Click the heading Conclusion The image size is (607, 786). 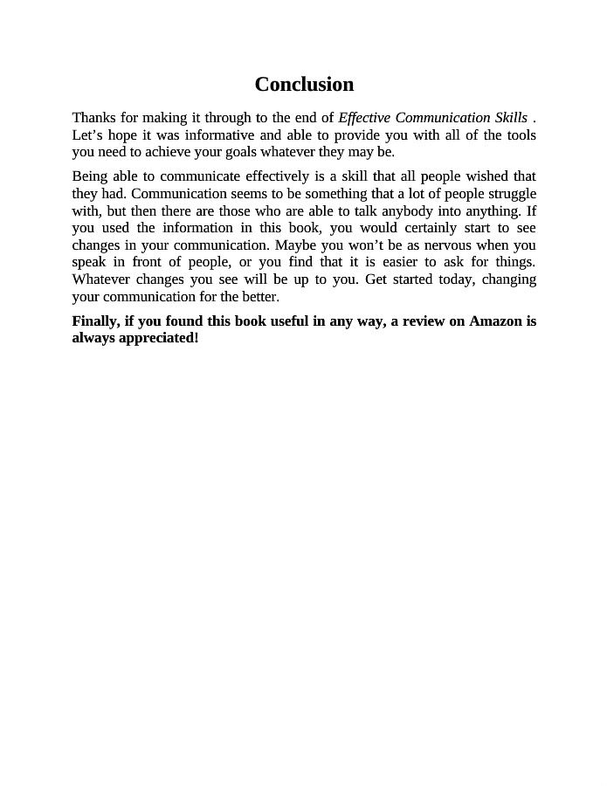(x=304, y=84)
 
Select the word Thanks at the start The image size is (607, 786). (x=93, y=117)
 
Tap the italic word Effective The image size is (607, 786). (x=364, y=117)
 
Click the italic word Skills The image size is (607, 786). (x=510, y=117)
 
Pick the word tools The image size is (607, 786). (x=520, y=134)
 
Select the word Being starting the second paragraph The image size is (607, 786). (x=90, y=176)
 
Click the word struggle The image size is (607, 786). (x=511, y=194)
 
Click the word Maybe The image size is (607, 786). (x=295, y=245)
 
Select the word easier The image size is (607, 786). (x=400, y=262)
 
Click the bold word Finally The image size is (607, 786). (x=95, y=321)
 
